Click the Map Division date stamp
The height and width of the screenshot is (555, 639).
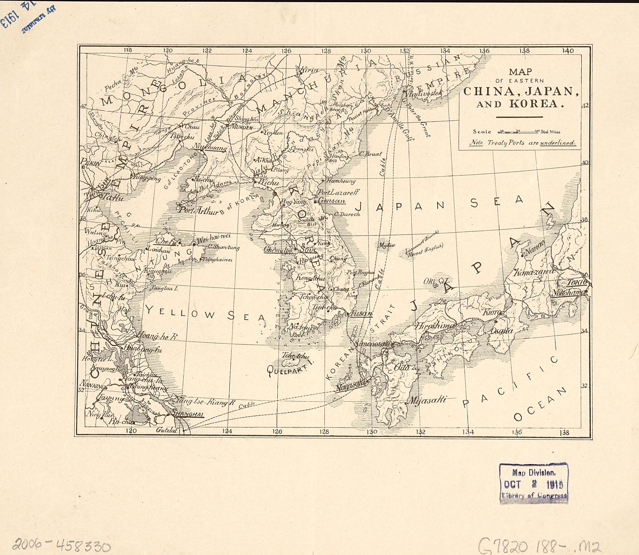(x=534, y=484)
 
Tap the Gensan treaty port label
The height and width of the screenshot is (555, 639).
(x=331, y=201)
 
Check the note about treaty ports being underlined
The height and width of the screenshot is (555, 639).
(x=522, y=143)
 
